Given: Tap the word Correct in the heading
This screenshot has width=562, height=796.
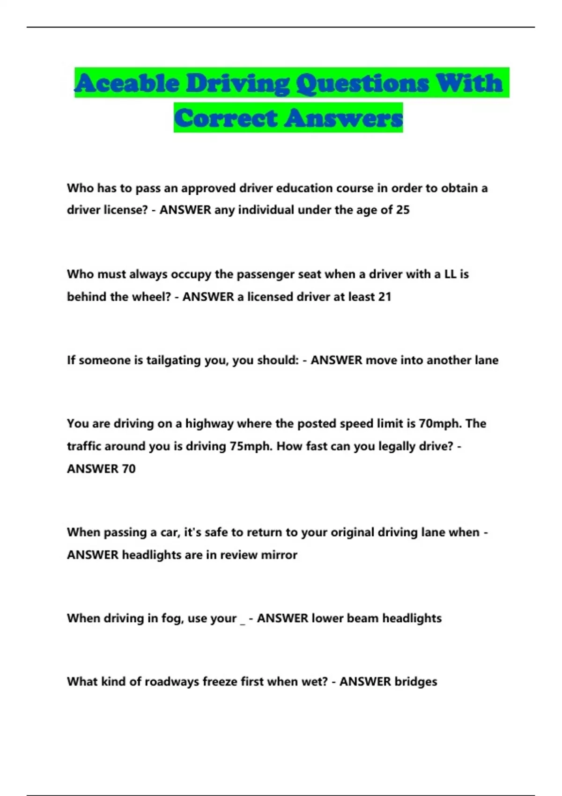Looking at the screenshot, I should [x=226, y=118].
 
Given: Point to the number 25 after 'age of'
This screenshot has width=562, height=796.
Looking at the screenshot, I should [x=403, y=210].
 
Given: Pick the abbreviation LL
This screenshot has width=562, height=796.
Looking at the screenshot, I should [x=450, y=274].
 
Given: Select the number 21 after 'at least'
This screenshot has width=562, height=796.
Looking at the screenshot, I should [x=385, y=297].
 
